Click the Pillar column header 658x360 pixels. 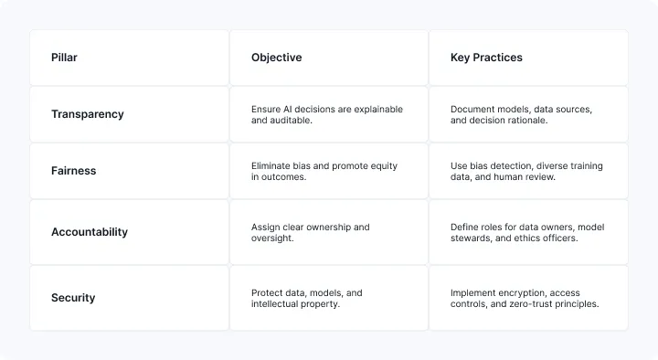(64, 58)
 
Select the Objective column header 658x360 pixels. (276, 58)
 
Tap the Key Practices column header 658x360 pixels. (486, 58)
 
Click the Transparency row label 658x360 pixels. (88, 114)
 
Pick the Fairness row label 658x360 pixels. (73, 171)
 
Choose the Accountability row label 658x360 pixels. (90, 232)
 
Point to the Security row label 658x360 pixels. (73, 298)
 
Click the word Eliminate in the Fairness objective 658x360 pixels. (271, 166)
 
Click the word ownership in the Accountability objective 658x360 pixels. (329, 228)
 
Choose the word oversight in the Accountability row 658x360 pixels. (273, 238)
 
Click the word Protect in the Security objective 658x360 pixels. (268, 293)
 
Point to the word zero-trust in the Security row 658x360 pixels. (515, 304)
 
